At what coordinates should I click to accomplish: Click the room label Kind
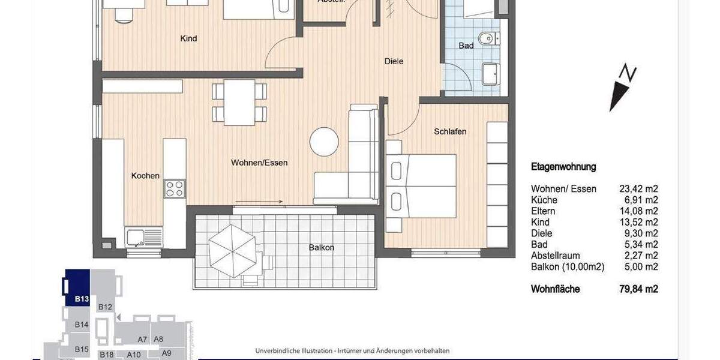point(188,39)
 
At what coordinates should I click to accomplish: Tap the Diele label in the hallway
point(394,61)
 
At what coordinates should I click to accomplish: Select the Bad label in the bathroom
point(466,46)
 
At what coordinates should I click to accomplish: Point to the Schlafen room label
point(450,131)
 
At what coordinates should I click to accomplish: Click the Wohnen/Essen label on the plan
point(260,163)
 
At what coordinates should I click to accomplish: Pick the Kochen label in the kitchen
point(145,176)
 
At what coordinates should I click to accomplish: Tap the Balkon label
point(322,247)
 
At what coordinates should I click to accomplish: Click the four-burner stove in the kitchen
point(175,188)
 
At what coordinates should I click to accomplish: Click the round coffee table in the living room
point(325,142)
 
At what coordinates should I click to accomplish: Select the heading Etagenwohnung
point(563,167)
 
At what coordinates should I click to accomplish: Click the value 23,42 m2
point(638,189)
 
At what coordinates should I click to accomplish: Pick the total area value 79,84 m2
point(638,289)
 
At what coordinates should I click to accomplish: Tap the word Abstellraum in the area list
point(555,256)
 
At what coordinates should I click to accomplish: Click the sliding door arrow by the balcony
point(250,202)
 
